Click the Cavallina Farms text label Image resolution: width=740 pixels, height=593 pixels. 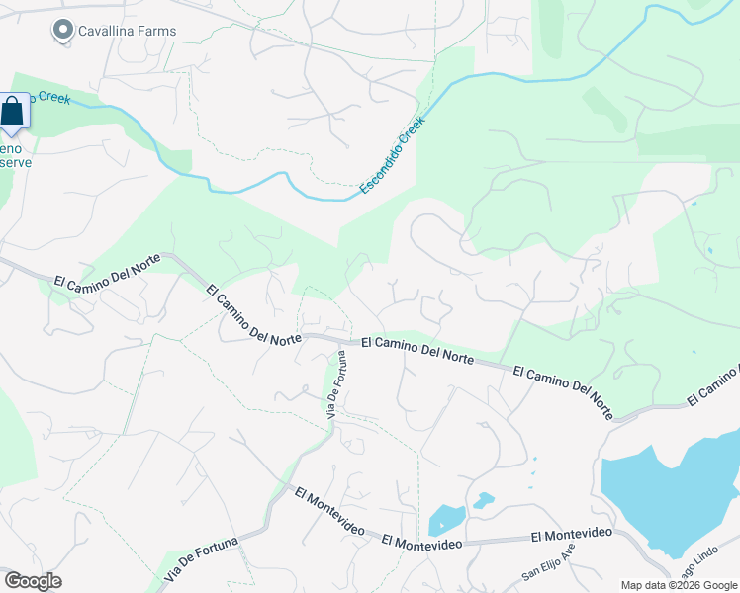(x=128, y=31)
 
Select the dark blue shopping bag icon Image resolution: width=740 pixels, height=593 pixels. (x=12, y=112)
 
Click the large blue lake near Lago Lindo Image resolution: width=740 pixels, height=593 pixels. (x=673, y=489)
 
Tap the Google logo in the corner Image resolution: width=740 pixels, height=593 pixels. (x=33, y=581)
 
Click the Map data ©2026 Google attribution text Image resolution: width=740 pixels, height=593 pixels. (x=679, y=585)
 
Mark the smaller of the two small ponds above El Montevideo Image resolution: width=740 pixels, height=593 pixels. (x=483, y=500)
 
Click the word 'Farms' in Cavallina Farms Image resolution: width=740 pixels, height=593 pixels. (x=157, y=31)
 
